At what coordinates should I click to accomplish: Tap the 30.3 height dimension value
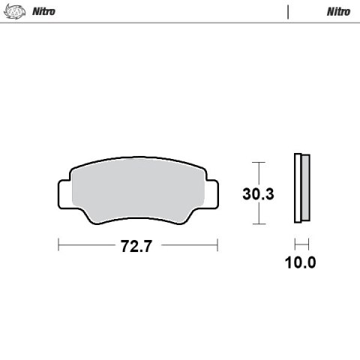pos(258,194)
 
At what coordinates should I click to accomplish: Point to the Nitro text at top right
pos(338,12)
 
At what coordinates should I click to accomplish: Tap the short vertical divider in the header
pos(288,12)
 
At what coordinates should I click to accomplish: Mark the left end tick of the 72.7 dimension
pos(58,246)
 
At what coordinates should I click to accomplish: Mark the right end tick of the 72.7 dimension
pos(217,246)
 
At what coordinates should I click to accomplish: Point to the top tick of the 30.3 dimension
pos(258,162)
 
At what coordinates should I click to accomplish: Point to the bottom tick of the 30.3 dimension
pos(258,224)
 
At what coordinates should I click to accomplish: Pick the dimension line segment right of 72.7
pos(187,246)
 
